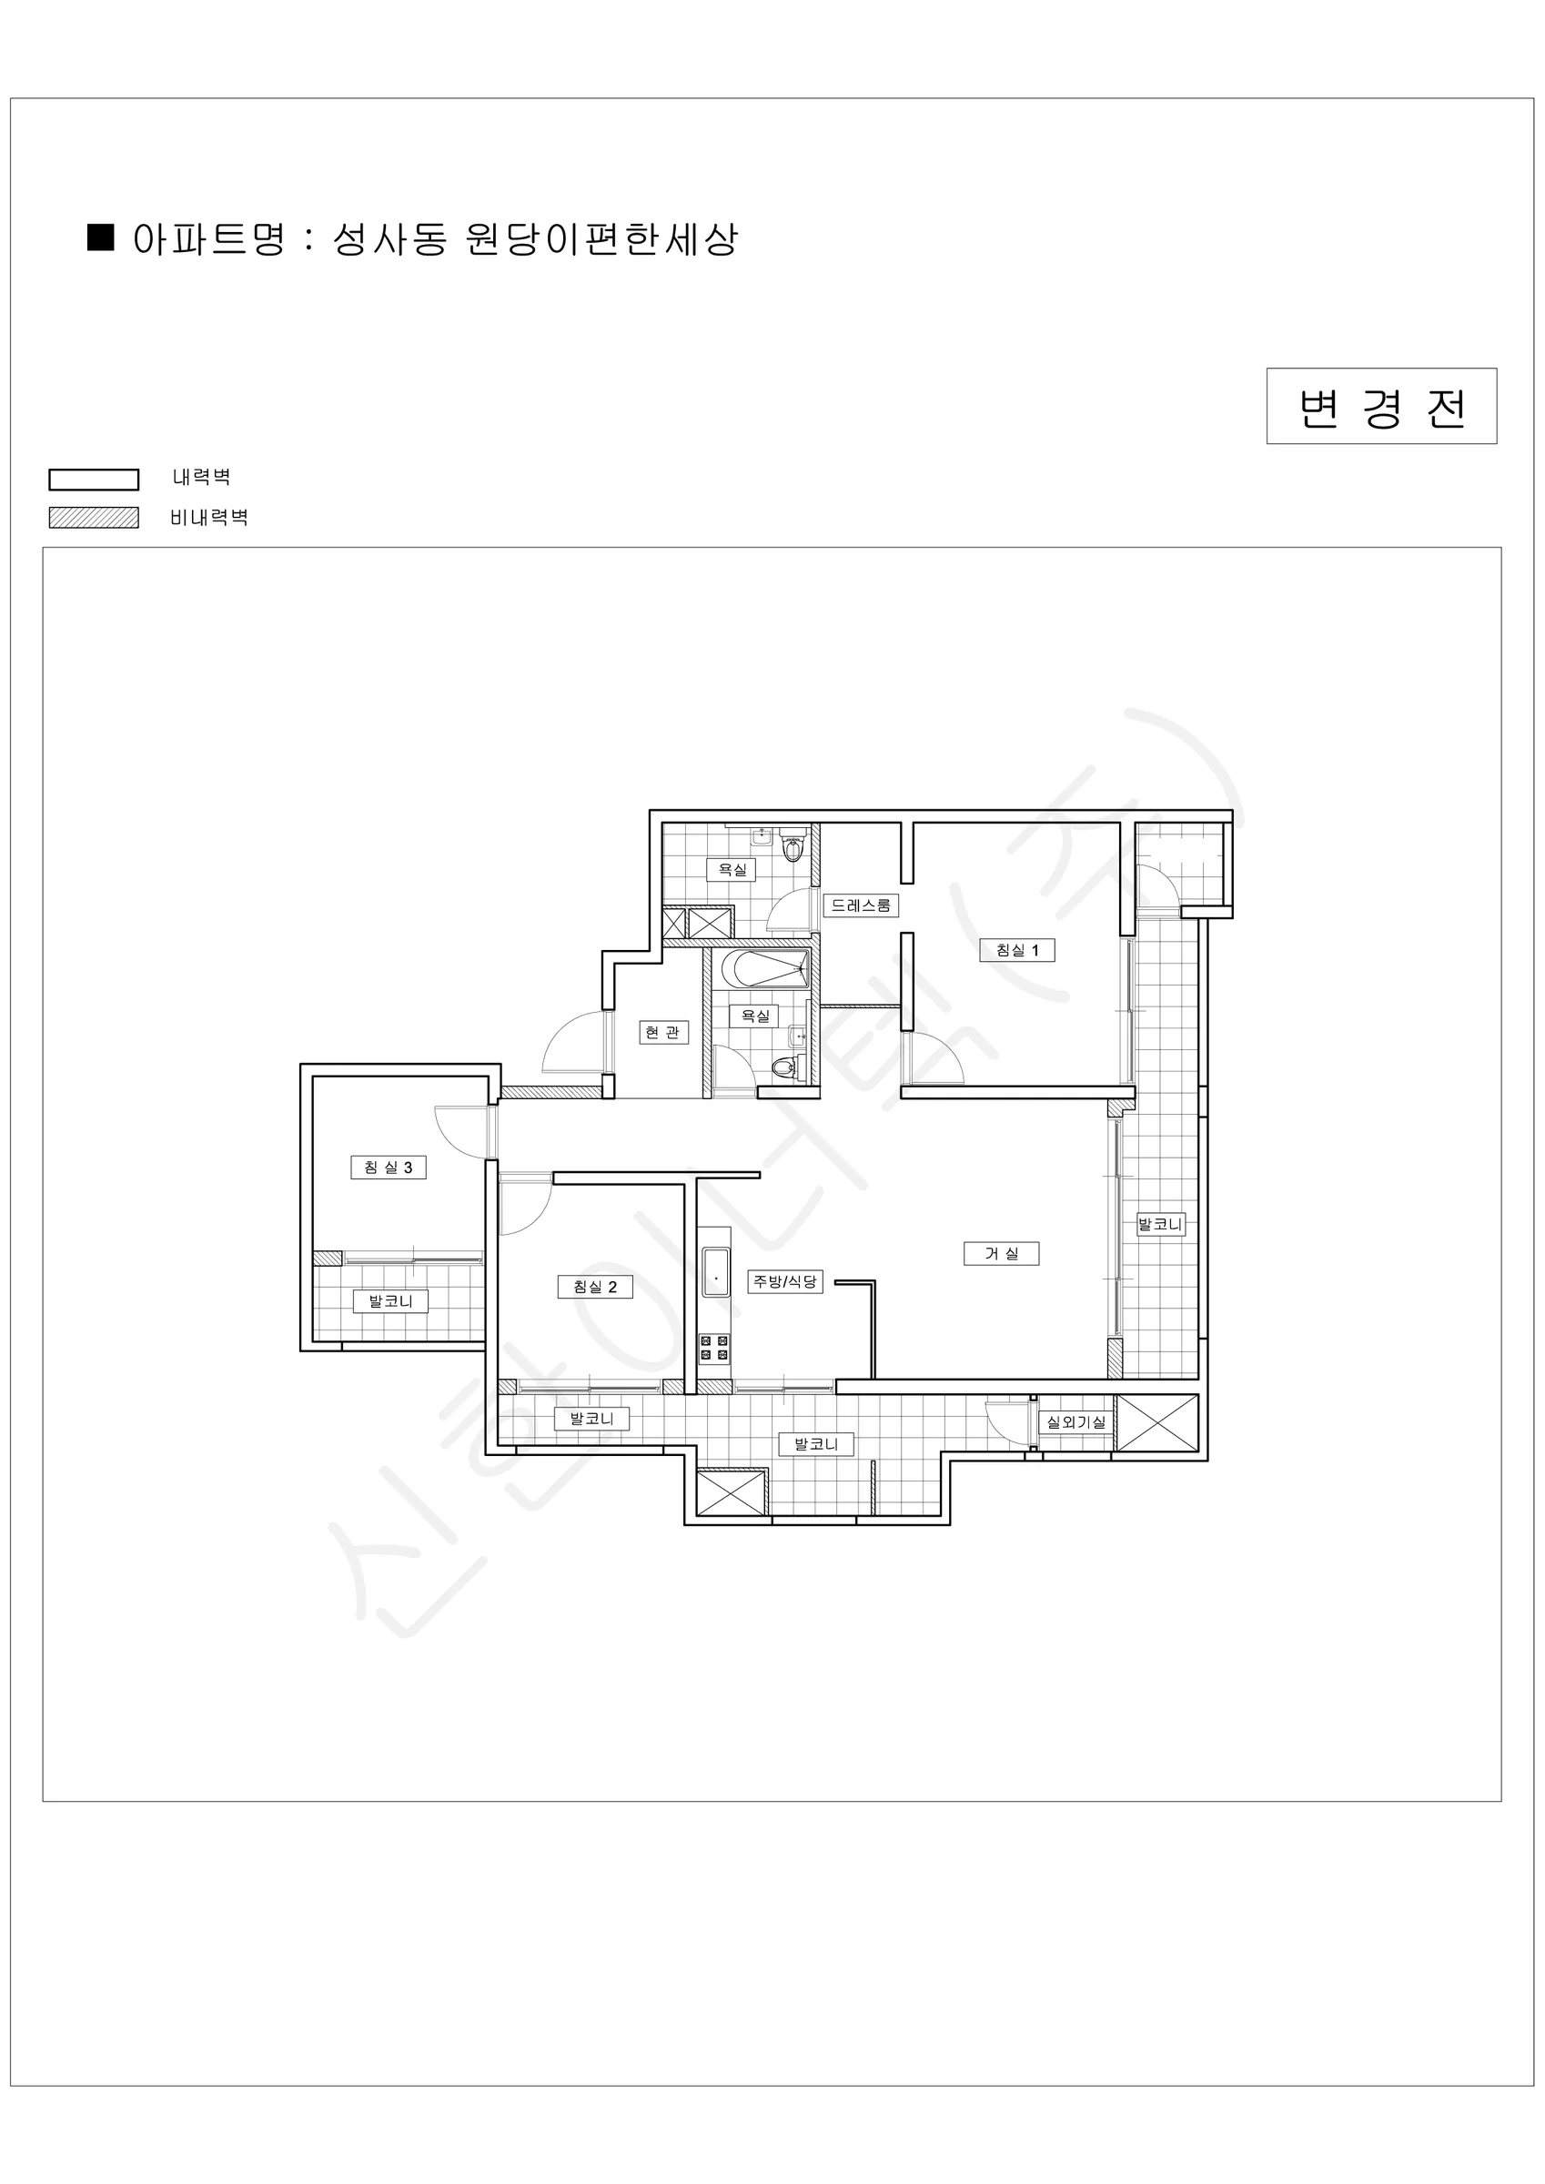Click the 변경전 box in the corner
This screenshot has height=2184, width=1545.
[1381, 406]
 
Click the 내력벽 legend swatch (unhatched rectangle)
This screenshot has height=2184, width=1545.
[93, 480]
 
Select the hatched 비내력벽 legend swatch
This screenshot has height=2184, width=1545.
[93, 518]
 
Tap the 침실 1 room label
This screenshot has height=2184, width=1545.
[1017, 949]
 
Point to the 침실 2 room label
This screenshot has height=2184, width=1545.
[594, 1287]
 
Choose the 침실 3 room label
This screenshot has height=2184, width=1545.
[389, 1168]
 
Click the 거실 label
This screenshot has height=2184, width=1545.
[1001, 1254]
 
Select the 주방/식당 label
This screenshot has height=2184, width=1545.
[785, 1281]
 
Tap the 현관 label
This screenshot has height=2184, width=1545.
[663, 1032]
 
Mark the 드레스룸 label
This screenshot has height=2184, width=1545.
[860, 905]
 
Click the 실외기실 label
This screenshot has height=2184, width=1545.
[1076, 1422]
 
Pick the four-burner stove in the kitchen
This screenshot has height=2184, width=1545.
[714, 1348]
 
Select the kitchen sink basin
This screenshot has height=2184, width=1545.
[715, 1273]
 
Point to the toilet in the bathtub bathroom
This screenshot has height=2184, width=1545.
[785, 1068]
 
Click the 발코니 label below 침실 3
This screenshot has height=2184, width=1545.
[390, 1300]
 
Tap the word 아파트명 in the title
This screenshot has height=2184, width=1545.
[208, 238]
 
